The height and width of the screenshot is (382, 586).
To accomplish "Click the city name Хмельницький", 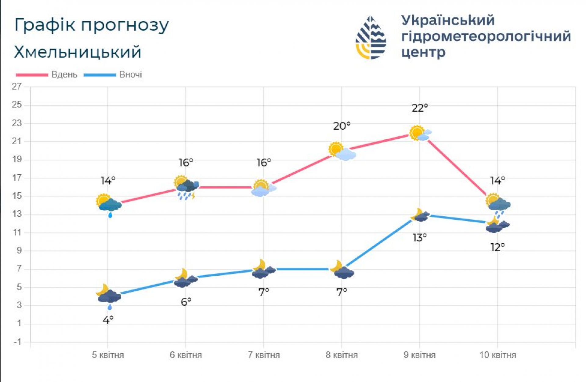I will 78,52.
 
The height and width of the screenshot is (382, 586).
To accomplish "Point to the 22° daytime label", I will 420,108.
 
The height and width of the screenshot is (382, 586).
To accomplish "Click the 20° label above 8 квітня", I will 342,126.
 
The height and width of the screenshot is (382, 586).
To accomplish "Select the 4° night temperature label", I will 108,320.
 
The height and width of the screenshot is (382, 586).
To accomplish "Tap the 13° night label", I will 420,237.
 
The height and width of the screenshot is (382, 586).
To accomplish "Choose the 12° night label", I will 497,247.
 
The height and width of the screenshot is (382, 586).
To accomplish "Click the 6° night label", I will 186,302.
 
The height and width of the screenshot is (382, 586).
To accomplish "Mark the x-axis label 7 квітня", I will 264,355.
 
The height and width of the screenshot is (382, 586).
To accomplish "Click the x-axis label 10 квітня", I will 497,355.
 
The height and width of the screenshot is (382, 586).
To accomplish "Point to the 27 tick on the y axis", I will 17,87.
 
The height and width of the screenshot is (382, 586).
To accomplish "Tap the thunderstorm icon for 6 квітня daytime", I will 186,187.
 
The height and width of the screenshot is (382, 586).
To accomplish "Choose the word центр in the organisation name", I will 423,53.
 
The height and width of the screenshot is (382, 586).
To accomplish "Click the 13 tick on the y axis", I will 17,214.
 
